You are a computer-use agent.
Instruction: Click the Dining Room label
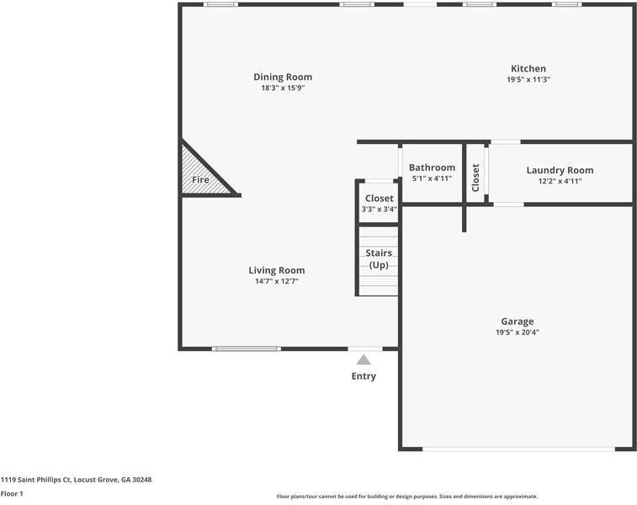pyautogui.click(x=283, y=77)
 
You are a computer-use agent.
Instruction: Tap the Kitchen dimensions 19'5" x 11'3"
pyautogui.click(x=528, y=79)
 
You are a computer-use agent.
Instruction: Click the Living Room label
pyautogui.click(x=277, y=270)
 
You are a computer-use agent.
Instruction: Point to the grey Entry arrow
pyautogui.click(x=364, y=360)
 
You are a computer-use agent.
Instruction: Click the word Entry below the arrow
pyautogui.click(x=364, y=376)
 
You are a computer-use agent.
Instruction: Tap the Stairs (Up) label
pyautogui.click(x=379, y=258)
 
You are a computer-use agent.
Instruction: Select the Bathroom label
pyautogui.click(x=432, y=167)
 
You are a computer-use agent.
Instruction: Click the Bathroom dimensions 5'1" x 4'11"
pyautogui.click(x=432, y=178)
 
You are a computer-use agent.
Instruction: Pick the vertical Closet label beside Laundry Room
pyautogui.click(x=475, y=178)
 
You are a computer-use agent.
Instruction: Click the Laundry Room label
pyautogui.click(x=560, y=170)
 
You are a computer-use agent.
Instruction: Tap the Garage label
pyautogui.click(x=518, y=322)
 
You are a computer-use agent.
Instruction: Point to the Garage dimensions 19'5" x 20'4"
pyautogui.click(x=518, y=332)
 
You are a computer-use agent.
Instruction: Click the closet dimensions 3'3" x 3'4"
pyautogui.click(x=379, y=209)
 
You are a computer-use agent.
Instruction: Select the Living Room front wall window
pyautogui.click(x=247, y=348)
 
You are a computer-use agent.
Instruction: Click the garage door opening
pyautogui.click(x=519, y=449)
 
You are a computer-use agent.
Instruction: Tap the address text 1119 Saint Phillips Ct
pyautogui.click(x=36, y=480)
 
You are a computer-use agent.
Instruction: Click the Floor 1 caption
pyautogui.click(x=12, y=493)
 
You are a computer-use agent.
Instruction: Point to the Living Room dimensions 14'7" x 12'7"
pyautogui.click(x=277, y=281)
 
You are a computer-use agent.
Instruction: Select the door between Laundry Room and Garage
pyautogui.click(x=508, y=205)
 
